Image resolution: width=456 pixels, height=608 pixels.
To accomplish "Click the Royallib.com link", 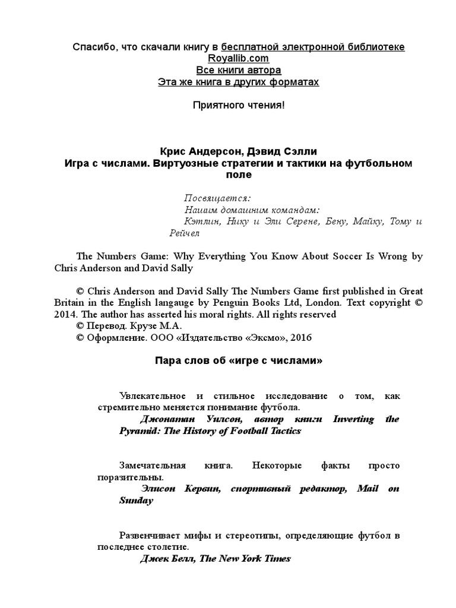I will click(x=238, y=58).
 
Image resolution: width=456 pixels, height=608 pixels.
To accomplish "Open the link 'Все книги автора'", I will click(x=238, y=70).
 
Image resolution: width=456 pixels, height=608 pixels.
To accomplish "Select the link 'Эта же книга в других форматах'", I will click(x=238, y=82).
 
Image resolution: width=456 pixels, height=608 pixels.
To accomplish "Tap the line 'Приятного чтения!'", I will click(x=238, y=105).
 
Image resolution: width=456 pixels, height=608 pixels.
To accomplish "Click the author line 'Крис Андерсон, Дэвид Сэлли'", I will click(x=238, y=151).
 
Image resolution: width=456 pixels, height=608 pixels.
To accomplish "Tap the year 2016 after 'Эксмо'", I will click(x=300, y=337).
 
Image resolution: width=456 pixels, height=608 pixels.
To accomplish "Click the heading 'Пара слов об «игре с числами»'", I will click(x=238, y=360).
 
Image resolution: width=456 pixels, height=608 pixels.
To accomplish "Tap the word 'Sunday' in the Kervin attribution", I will click(x=136, y=501).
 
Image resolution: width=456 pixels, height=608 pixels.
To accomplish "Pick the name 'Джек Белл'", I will click(x=168, y=559).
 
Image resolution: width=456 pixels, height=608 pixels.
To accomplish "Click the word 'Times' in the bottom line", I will click(x=277, y=559).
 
